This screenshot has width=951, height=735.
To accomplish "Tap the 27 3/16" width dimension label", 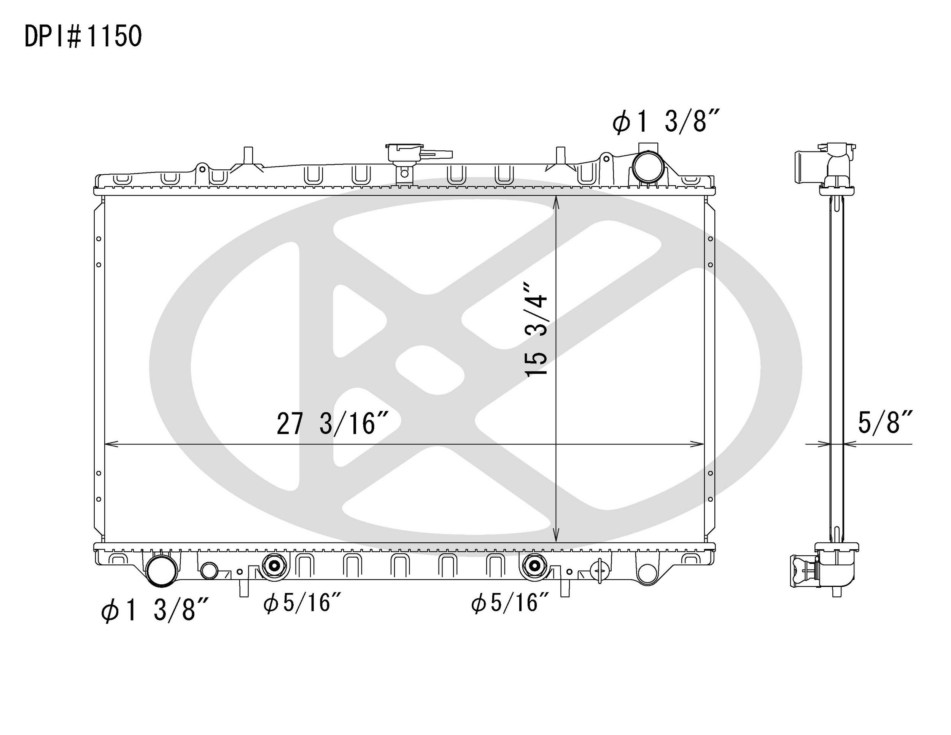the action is coord(332,424).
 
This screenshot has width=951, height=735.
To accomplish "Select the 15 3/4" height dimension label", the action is coord(536,330).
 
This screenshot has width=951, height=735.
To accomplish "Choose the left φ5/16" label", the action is coord(301,603).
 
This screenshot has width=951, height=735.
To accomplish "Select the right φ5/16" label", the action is coord(510,603).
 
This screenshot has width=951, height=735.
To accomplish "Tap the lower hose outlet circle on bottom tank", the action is coord(162,571).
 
